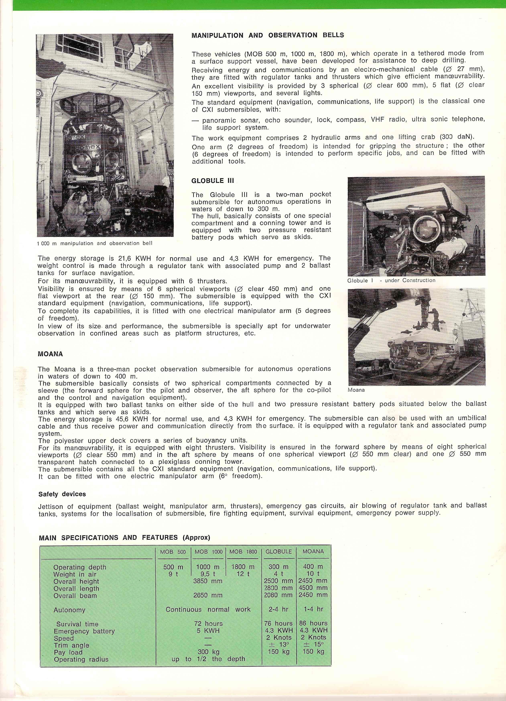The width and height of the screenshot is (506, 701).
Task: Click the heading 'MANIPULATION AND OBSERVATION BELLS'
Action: click(267, 35)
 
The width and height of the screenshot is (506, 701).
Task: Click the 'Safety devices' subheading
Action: click(62, 494)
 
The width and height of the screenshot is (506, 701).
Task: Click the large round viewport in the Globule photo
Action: click(425, 229)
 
